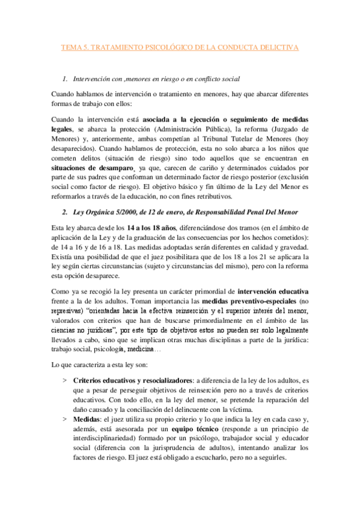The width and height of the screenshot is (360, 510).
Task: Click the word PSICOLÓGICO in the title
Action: pyautogui.click(x=170, y=47)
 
